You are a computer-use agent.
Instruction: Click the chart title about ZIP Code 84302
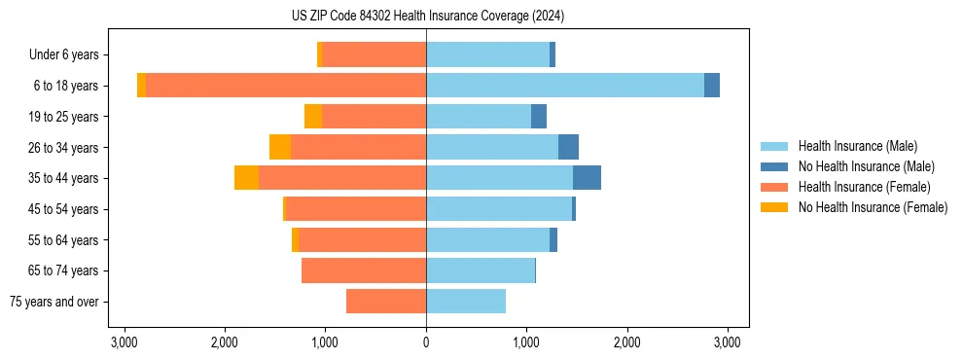[x=427, y=17]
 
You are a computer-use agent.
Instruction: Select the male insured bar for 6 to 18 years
[x=564, y=86]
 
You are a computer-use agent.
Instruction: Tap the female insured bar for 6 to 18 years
[x=286, y=86]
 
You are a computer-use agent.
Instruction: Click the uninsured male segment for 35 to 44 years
[x=587, y=178]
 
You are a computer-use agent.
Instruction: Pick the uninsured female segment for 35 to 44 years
[x=246, y=178]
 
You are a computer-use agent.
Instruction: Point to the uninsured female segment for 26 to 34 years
[x=280, y=147]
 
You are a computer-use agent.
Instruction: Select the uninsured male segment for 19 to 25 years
[x=539, y=117]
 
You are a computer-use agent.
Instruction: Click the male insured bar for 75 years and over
[x=466, y=302]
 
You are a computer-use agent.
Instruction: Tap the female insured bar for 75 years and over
[x=386, y=302]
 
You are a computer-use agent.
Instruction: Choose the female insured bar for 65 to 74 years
[x=364, y=270]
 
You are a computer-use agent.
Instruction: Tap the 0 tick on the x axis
[x=426, y=342]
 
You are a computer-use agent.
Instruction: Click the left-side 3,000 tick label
[x=124, y=342]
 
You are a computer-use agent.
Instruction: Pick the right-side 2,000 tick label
[x=627, y=342]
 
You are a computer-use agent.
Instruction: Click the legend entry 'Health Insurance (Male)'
[x=857, y=146]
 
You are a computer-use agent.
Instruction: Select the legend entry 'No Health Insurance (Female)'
[x=873, y=207]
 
